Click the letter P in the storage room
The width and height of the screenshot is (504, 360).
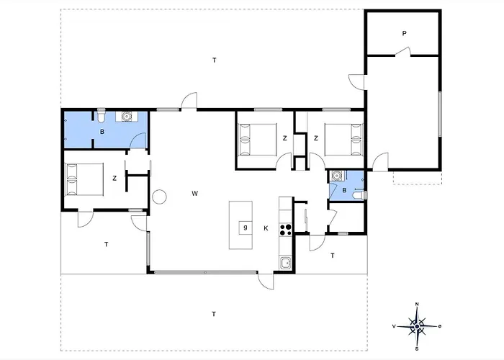pyautogui.click(x=405, y=33)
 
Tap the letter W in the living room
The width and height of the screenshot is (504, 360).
pyautogui.click(x=195, y=194)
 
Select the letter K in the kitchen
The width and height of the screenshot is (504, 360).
pyautogui.click(x=266, y=228)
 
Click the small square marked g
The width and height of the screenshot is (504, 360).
pyautogui.click(x=246, y=228)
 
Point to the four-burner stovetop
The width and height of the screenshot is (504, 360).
pyautogui.click(x=285, y=230)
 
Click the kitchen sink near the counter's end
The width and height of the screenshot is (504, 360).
pyautogui.click(x=285, y=264)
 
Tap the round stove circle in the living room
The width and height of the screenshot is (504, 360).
pyautogui.click(x=159, y=197)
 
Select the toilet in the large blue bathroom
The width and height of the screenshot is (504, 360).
pyautogui.click(x=101, y=115)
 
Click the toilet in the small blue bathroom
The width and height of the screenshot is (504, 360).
pyautogui.click(x=360, y=195)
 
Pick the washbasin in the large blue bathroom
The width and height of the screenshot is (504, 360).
pyautogui.click(x=127, y=116)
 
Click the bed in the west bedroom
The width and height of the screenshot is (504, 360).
pyautogui.click(x=84, y=179)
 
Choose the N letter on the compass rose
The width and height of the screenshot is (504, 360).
pyautogui.click(x=417, y=304)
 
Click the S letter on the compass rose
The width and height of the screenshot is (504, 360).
pyautogui.click(x=417, y=348)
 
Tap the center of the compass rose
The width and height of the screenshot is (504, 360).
pyautogui.click(x=417, y=327)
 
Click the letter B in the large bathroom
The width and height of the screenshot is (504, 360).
pyautogui.click(x=102, y=132)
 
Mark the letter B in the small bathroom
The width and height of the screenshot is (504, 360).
pyautogui.click(x=344, y=190)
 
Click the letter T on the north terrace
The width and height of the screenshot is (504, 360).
pyautogui.click(x=215, y=60)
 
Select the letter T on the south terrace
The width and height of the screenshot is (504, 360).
pyautogui.click(x=214, y=314)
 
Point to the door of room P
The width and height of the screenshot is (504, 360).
pyautogui.click(x=403, y=52)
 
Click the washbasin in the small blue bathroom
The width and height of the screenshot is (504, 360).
pyautogui.click(x=337, y=176)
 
